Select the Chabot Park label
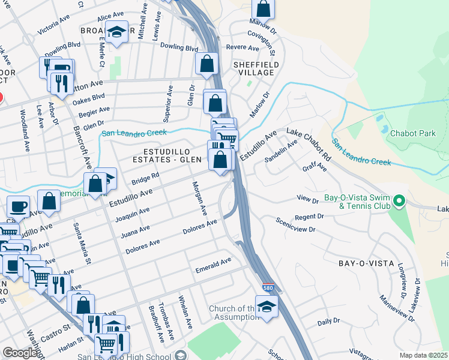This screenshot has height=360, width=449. coord(413,133)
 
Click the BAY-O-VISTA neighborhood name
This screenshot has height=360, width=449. coord(366,263)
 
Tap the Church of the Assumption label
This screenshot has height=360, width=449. coord(232,314)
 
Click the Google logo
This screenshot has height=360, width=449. coord(20,353)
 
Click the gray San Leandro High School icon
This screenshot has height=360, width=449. coord(180,356)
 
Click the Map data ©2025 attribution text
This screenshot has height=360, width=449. coord(424,355)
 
